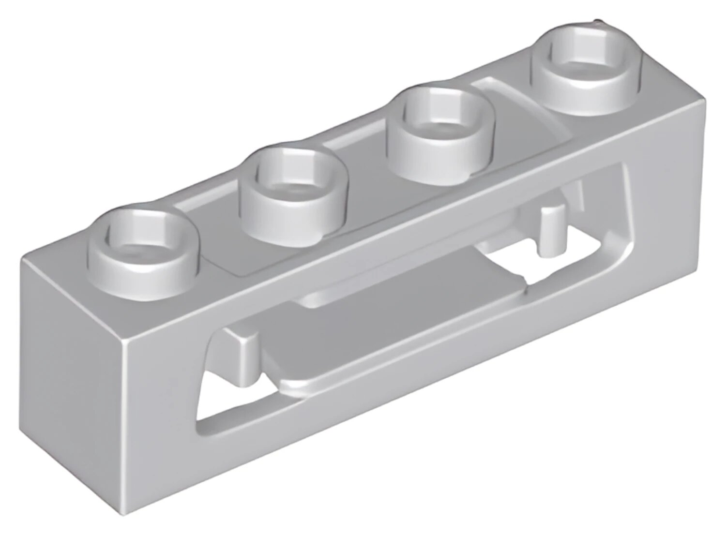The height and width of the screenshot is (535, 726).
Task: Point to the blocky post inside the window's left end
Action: click(246, 356)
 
